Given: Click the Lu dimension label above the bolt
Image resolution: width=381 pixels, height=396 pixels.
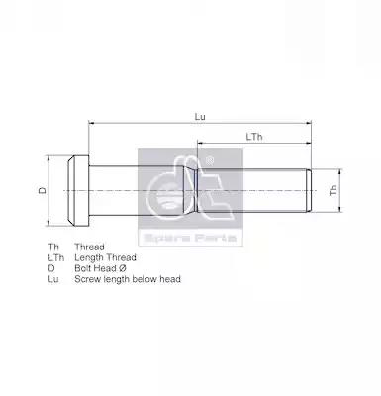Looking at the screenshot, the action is click(x=200, y=117).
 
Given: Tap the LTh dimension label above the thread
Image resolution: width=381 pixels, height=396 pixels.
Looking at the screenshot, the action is click(x=254, y=137).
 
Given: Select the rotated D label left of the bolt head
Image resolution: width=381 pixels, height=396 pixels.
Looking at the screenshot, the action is click(x=43, y=190).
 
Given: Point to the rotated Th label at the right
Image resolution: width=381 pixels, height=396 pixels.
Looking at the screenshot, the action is click(x=333, y=190).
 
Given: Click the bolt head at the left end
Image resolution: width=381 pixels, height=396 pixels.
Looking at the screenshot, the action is click(x=78, y=191).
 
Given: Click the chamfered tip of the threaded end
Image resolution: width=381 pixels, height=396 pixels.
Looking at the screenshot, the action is click(x=310, y=190).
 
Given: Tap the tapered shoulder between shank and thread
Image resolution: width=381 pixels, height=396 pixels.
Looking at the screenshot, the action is click(x=190, y=191).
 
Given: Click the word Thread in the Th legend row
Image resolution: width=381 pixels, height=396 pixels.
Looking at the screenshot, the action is click(x=89, y=247).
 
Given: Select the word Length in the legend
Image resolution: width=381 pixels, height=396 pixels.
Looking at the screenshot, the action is click(x=89, y=257).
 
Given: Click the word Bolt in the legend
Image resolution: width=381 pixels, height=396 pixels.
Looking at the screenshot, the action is click(x=83, y=268).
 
